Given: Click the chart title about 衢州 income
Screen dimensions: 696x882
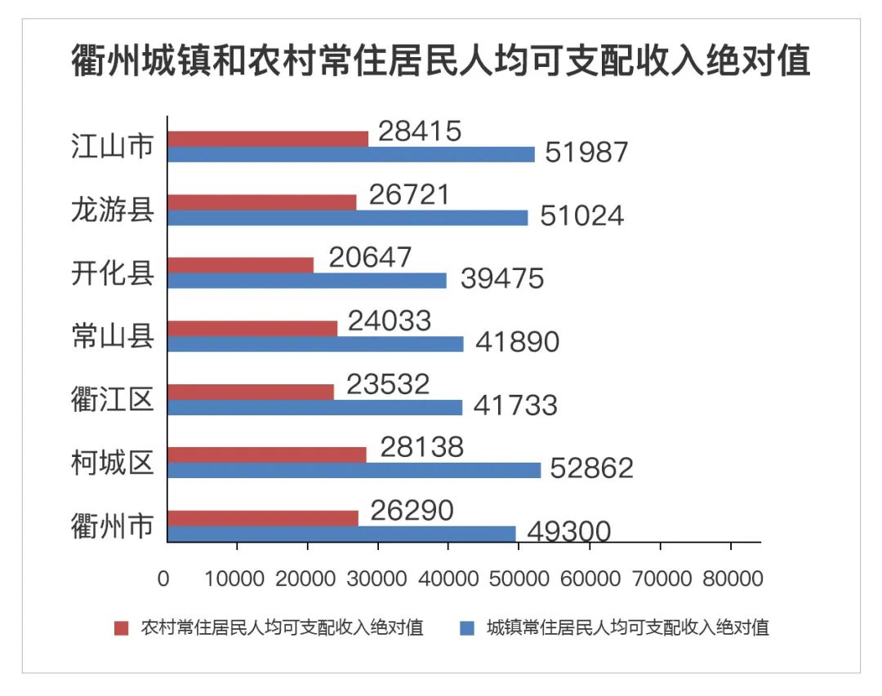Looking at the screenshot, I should click(441, 62).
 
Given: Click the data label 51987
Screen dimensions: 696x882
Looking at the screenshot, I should click(586, 152).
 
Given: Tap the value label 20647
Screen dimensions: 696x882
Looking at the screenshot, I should click(371, 257).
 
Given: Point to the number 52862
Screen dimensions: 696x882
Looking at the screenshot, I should click(592, 468).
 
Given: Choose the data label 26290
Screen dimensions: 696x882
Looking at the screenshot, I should click(412, 511).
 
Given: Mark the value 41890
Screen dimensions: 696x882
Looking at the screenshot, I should click(518, 341).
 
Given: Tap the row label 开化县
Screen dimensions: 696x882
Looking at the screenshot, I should click(113, 273).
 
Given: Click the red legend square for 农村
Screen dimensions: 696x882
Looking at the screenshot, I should click(122, 627).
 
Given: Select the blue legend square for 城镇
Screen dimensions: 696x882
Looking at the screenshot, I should click(467, 627).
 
